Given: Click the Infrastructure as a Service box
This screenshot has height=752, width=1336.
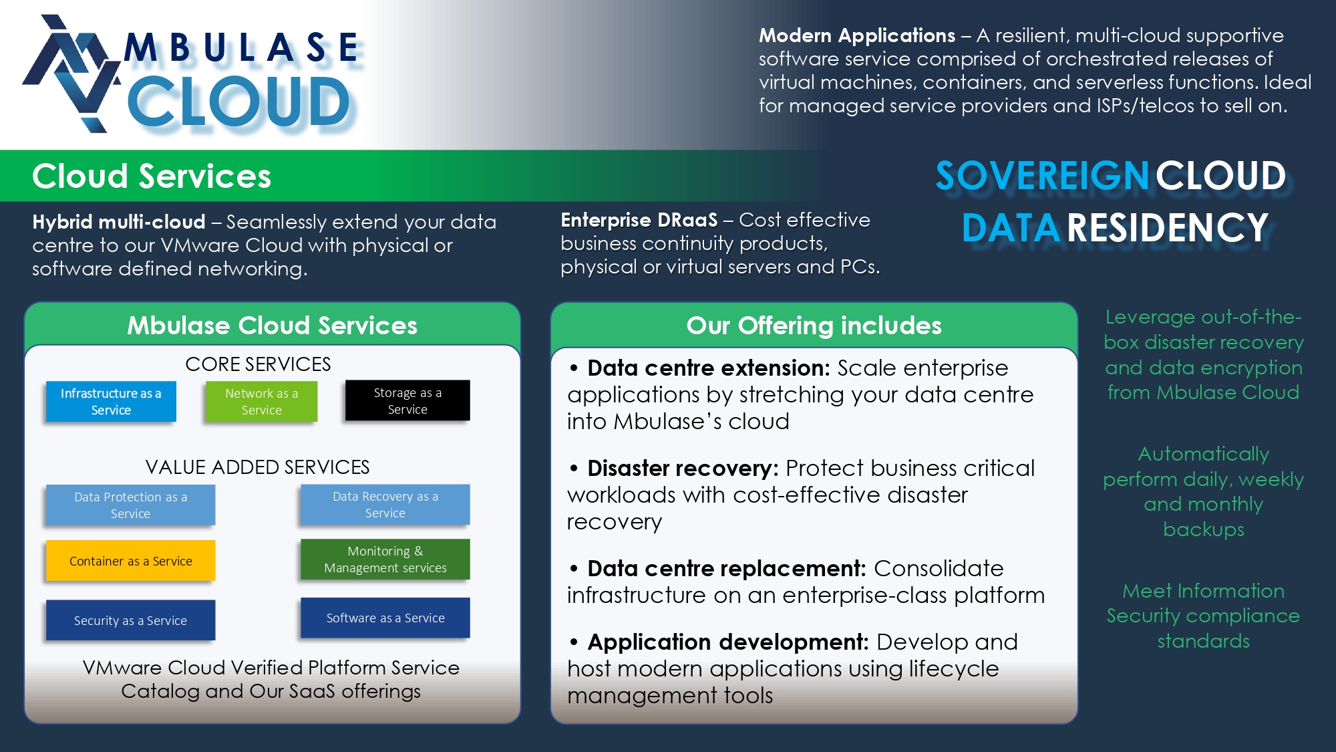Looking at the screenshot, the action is (111, 401).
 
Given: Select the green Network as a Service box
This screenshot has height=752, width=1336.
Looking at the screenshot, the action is (261, 401).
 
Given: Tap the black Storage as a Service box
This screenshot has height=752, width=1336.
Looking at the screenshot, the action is (407, 400).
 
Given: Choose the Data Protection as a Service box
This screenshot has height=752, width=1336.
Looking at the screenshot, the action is (130, 505).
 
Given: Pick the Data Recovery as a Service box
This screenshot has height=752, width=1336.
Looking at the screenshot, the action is (385, 504).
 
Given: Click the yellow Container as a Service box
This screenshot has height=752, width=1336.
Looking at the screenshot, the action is (130, 560).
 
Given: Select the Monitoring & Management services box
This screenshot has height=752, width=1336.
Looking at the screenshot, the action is (385, 559).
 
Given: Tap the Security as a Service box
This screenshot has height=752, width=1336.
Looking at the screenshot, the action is (130, 620).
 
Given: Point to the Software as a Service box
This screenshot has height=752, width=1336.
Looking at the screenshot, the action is (385, 618).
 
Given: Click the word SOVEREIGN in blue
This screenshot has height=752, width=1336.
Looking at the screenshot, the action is (1042, 176).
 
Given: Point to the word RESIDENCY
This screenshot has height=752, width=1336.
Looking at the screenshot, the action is (1168, 228).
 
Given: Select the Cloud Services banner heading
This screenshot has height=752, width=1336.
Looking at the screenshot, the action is (152, 176).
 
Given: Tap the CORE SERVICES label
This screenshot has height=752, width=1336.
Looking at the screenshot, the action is (258, 364).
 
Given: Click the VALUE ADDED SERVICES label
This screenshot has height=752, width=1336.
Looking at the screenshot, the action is (257, 467).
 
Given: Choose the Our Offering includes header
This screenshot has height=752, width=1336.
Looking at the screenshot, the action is (814, 326).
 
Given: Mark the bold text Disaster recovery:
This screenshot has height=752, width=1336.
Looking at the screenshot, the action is (683, 468).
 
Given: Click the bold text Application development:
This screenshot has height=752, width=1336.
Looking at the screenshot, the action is (728, 642).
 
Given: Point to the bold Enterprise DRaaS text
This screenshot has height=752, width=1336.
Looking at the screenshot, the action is (639, 220).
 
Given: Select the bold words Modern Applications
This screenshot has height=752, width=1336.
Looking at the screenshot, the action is (857, 35).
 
